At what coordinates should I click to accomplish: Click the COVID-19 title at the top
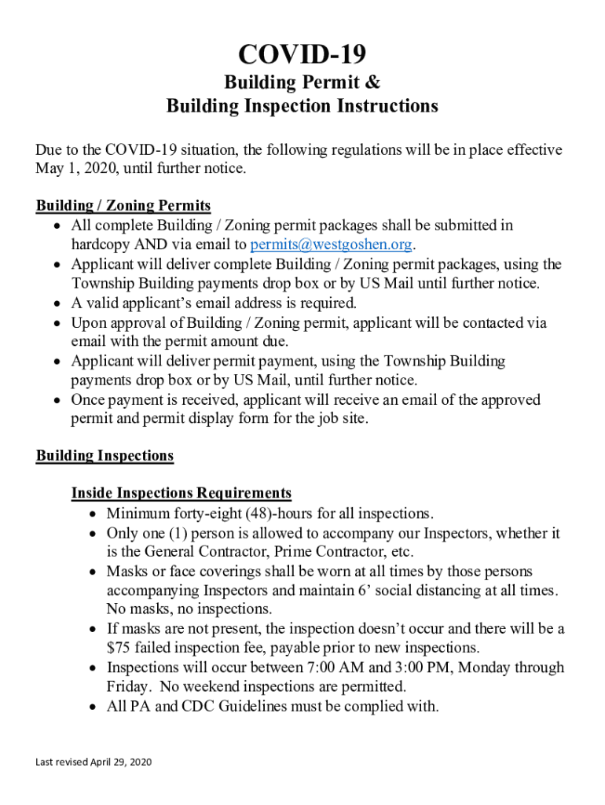tap(302, 54)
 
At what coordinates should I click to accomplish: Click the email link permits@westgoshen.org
tap(332, 244)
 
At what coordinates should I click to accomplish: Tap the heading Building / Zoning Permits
tap(123, 206)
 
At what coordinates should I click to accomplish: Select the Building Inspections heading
tap(104, 456)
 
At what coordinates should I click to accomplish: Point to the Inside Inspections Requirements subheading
tap(181, 494)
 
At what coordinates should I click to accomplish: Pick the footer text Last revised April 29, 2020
tap(93, 763)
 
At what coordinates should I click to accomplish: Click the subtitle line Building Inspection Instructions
tap(302, 106)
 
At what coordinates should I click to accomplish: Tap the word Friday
tap(127, 687)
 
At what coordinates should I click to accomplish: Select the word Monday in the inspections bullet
tap(488, 668)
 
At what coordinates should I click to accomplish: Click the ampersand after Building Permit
tap(373, 83)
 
